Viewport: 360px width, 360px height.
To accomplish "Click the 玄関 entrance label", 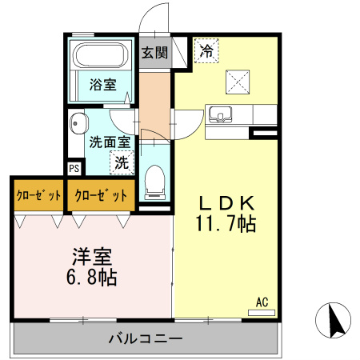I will tap(155, 54).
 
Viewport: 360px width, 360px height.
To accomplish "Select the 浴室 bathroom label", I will tap(102, 84).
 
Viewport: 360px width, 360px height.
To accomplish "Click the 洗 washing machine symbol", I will tap(121, 162).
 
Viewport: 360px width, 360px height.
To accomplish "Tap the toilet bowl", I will tap(154, 180).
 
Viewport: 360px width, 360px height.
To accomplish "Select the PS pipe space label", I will tap(74, 169).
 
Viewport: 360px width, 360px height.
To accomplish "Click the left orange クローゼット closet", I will tap(37, 194).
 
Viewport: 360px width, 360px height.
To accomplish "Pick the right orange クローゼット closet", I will tap(99, 194).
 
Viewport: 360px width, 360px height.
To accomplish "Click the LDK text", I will tap(226, 202).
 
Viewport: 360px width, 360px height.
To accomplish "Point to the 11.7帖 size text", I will tap(226, 224).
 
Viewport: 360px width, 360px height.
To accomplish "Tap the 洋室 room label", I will tap(92, 258).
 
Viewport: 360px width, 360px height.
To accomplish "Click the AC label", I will tap(261, 302).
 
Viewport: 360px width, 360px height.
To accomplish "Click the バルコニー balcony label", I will tap(145, 338).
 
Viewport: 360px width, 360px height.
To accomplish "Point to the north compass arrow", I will tap(335, 322).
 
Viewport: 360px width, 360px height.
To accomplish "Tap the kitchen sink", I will tap(220, 114).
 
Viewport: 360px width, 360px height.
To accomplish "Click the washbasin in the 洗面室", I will tap(78, 124).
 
